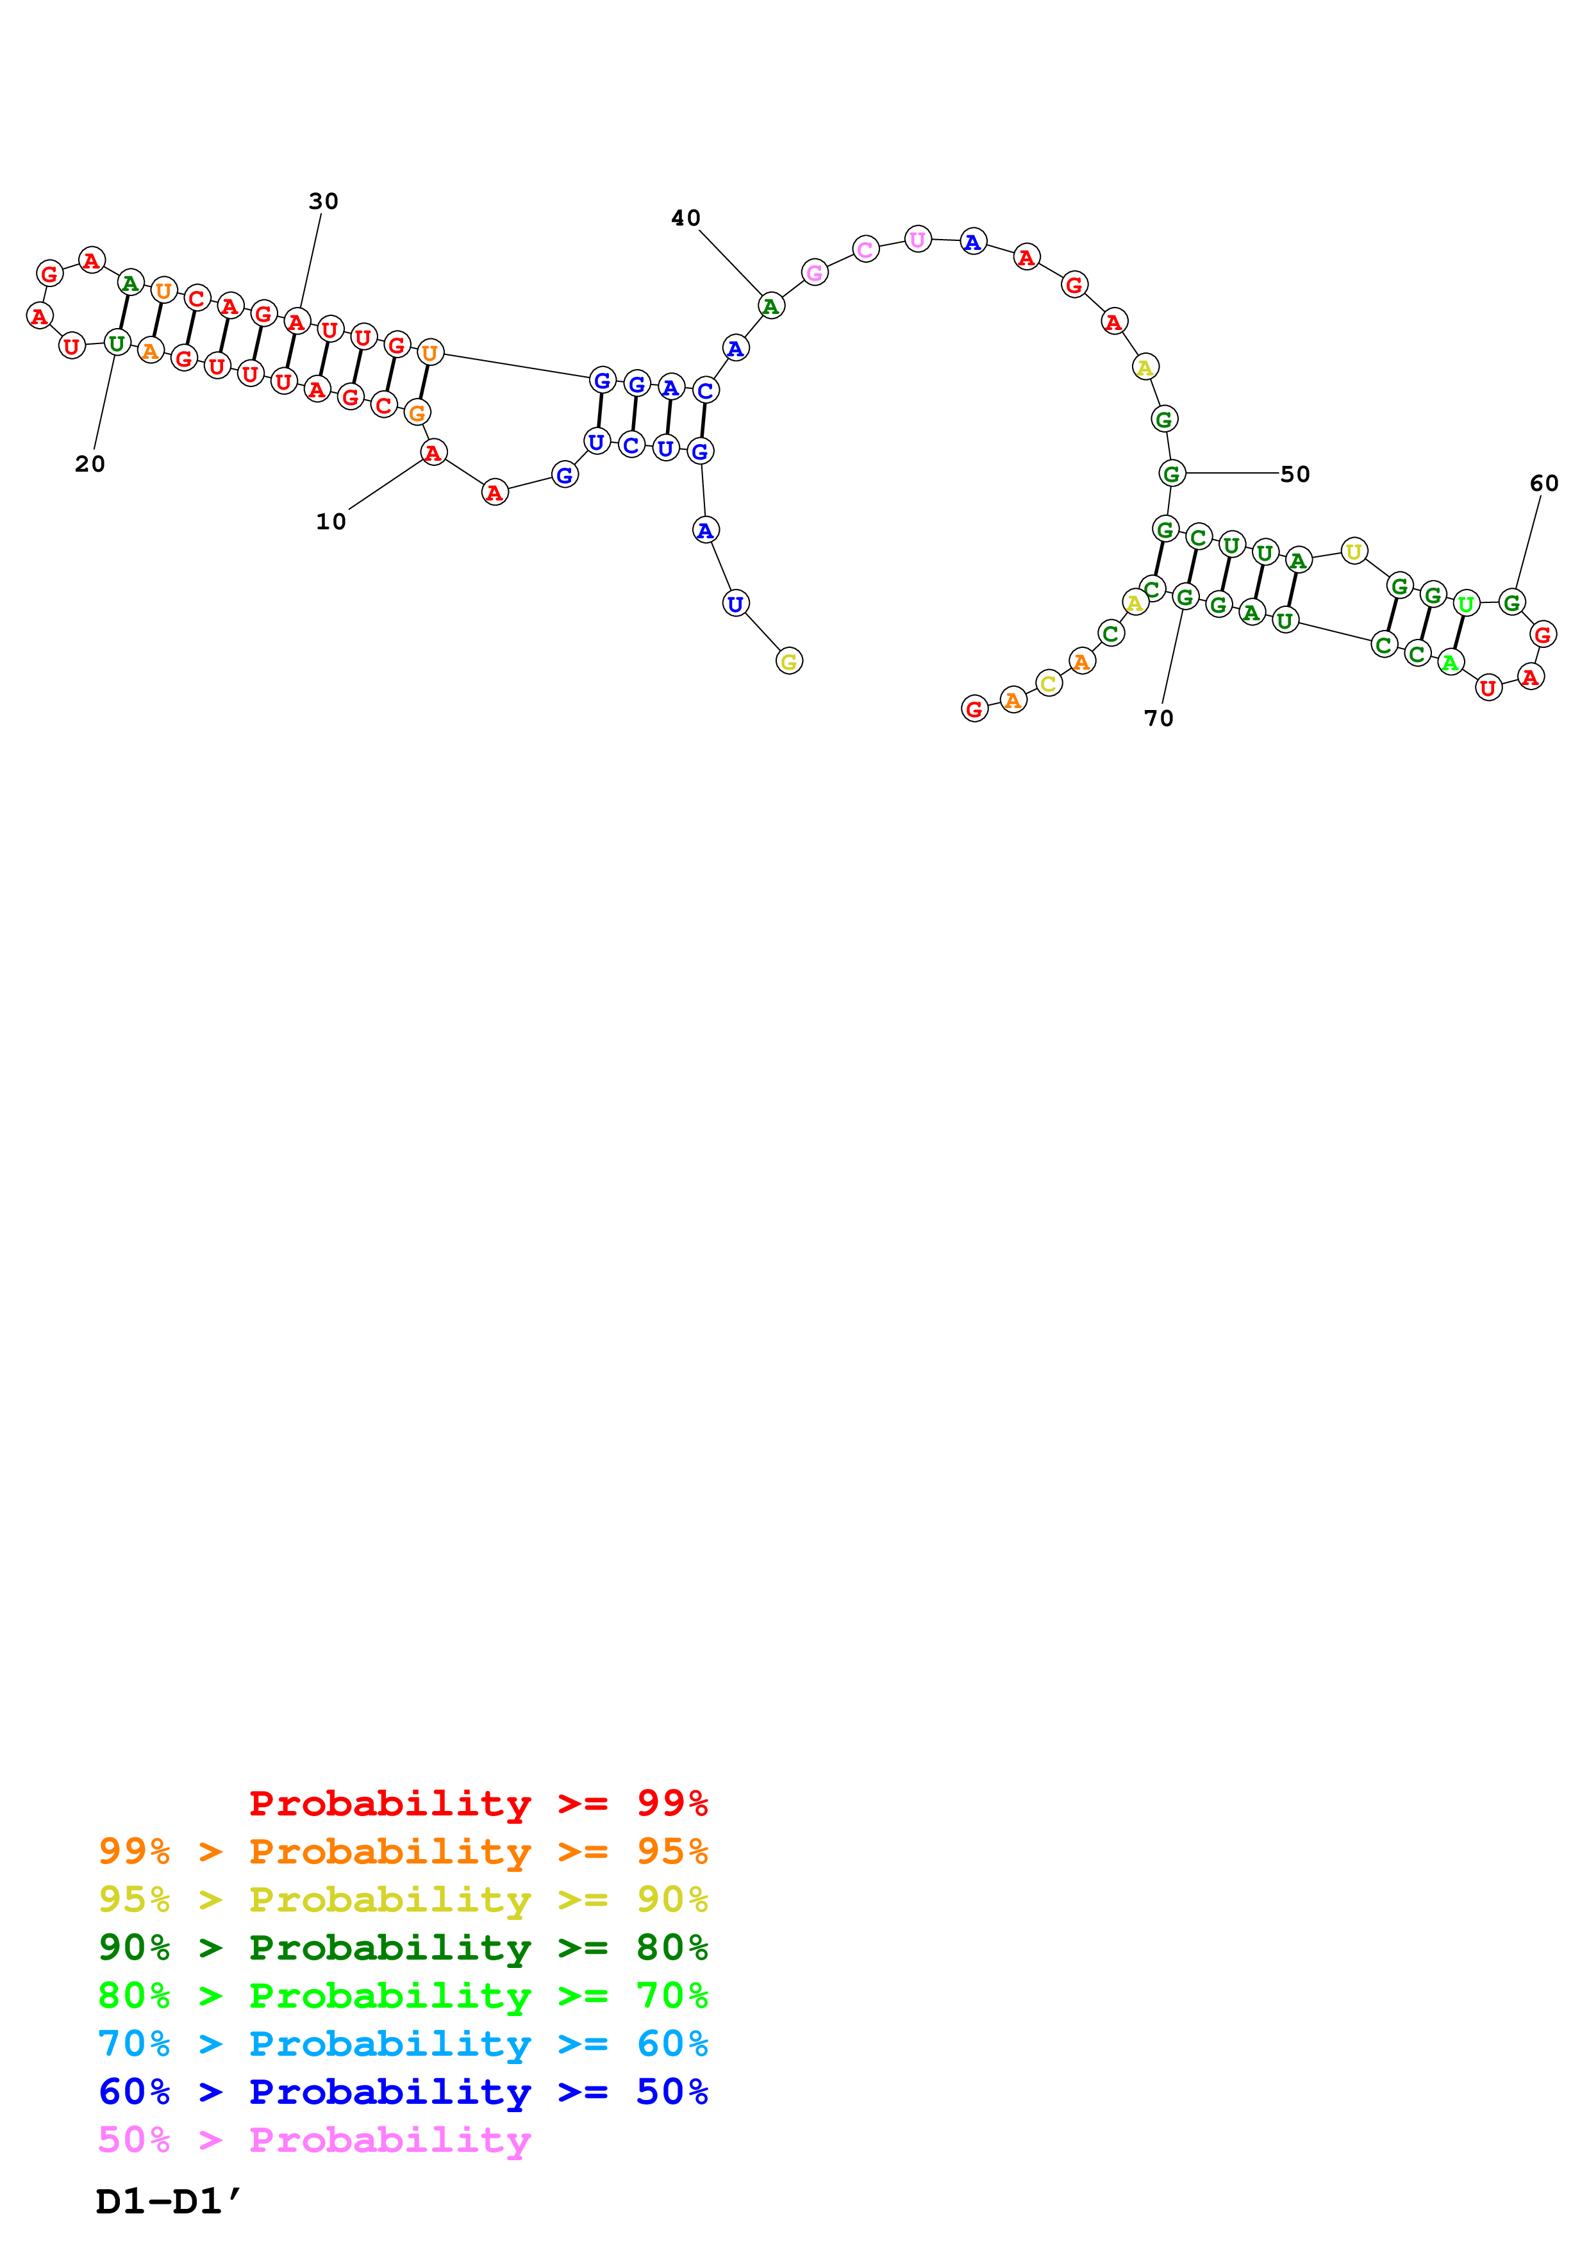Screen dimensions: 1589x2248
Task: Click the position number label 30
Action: click(x=323, y=201)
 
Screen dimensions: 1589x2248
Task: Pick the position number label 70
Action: click(x=1158, y=718)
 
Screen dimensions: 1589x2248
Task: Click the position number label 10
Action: click(x=331, y=522)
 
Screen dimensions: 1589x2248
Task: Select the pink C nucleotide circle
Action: click(x=865, y=250)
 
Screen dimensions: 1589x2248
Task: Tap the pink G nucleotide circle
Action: click(x=815, y=272)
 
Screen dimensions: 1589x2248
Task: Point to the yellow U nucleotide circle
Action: click(x=1353, y=551)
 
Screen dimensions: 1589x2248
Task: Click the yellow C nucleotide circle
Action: click(x=1049, y=682)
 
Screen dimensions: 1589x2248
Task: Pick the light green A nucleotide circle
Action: click(x=1450, y=663)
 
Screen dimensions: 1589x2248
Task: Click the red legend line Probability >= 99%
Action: click(x=478, y=1803)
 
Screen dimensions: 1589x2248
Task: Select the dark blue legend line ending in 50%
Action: click(x=403, y=2092)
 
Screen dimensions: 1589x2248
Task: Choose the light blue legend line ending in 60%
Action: click(x=403, y=2044)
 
